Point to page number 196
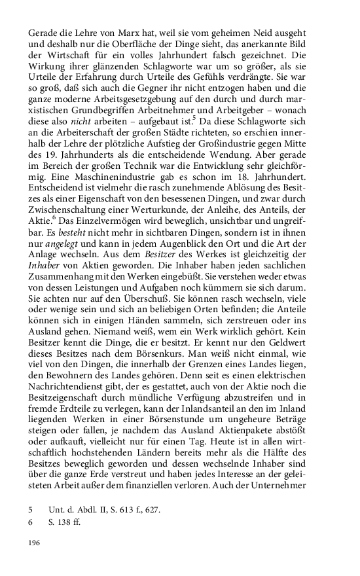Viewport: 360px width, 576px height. (x=35, y=543)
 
